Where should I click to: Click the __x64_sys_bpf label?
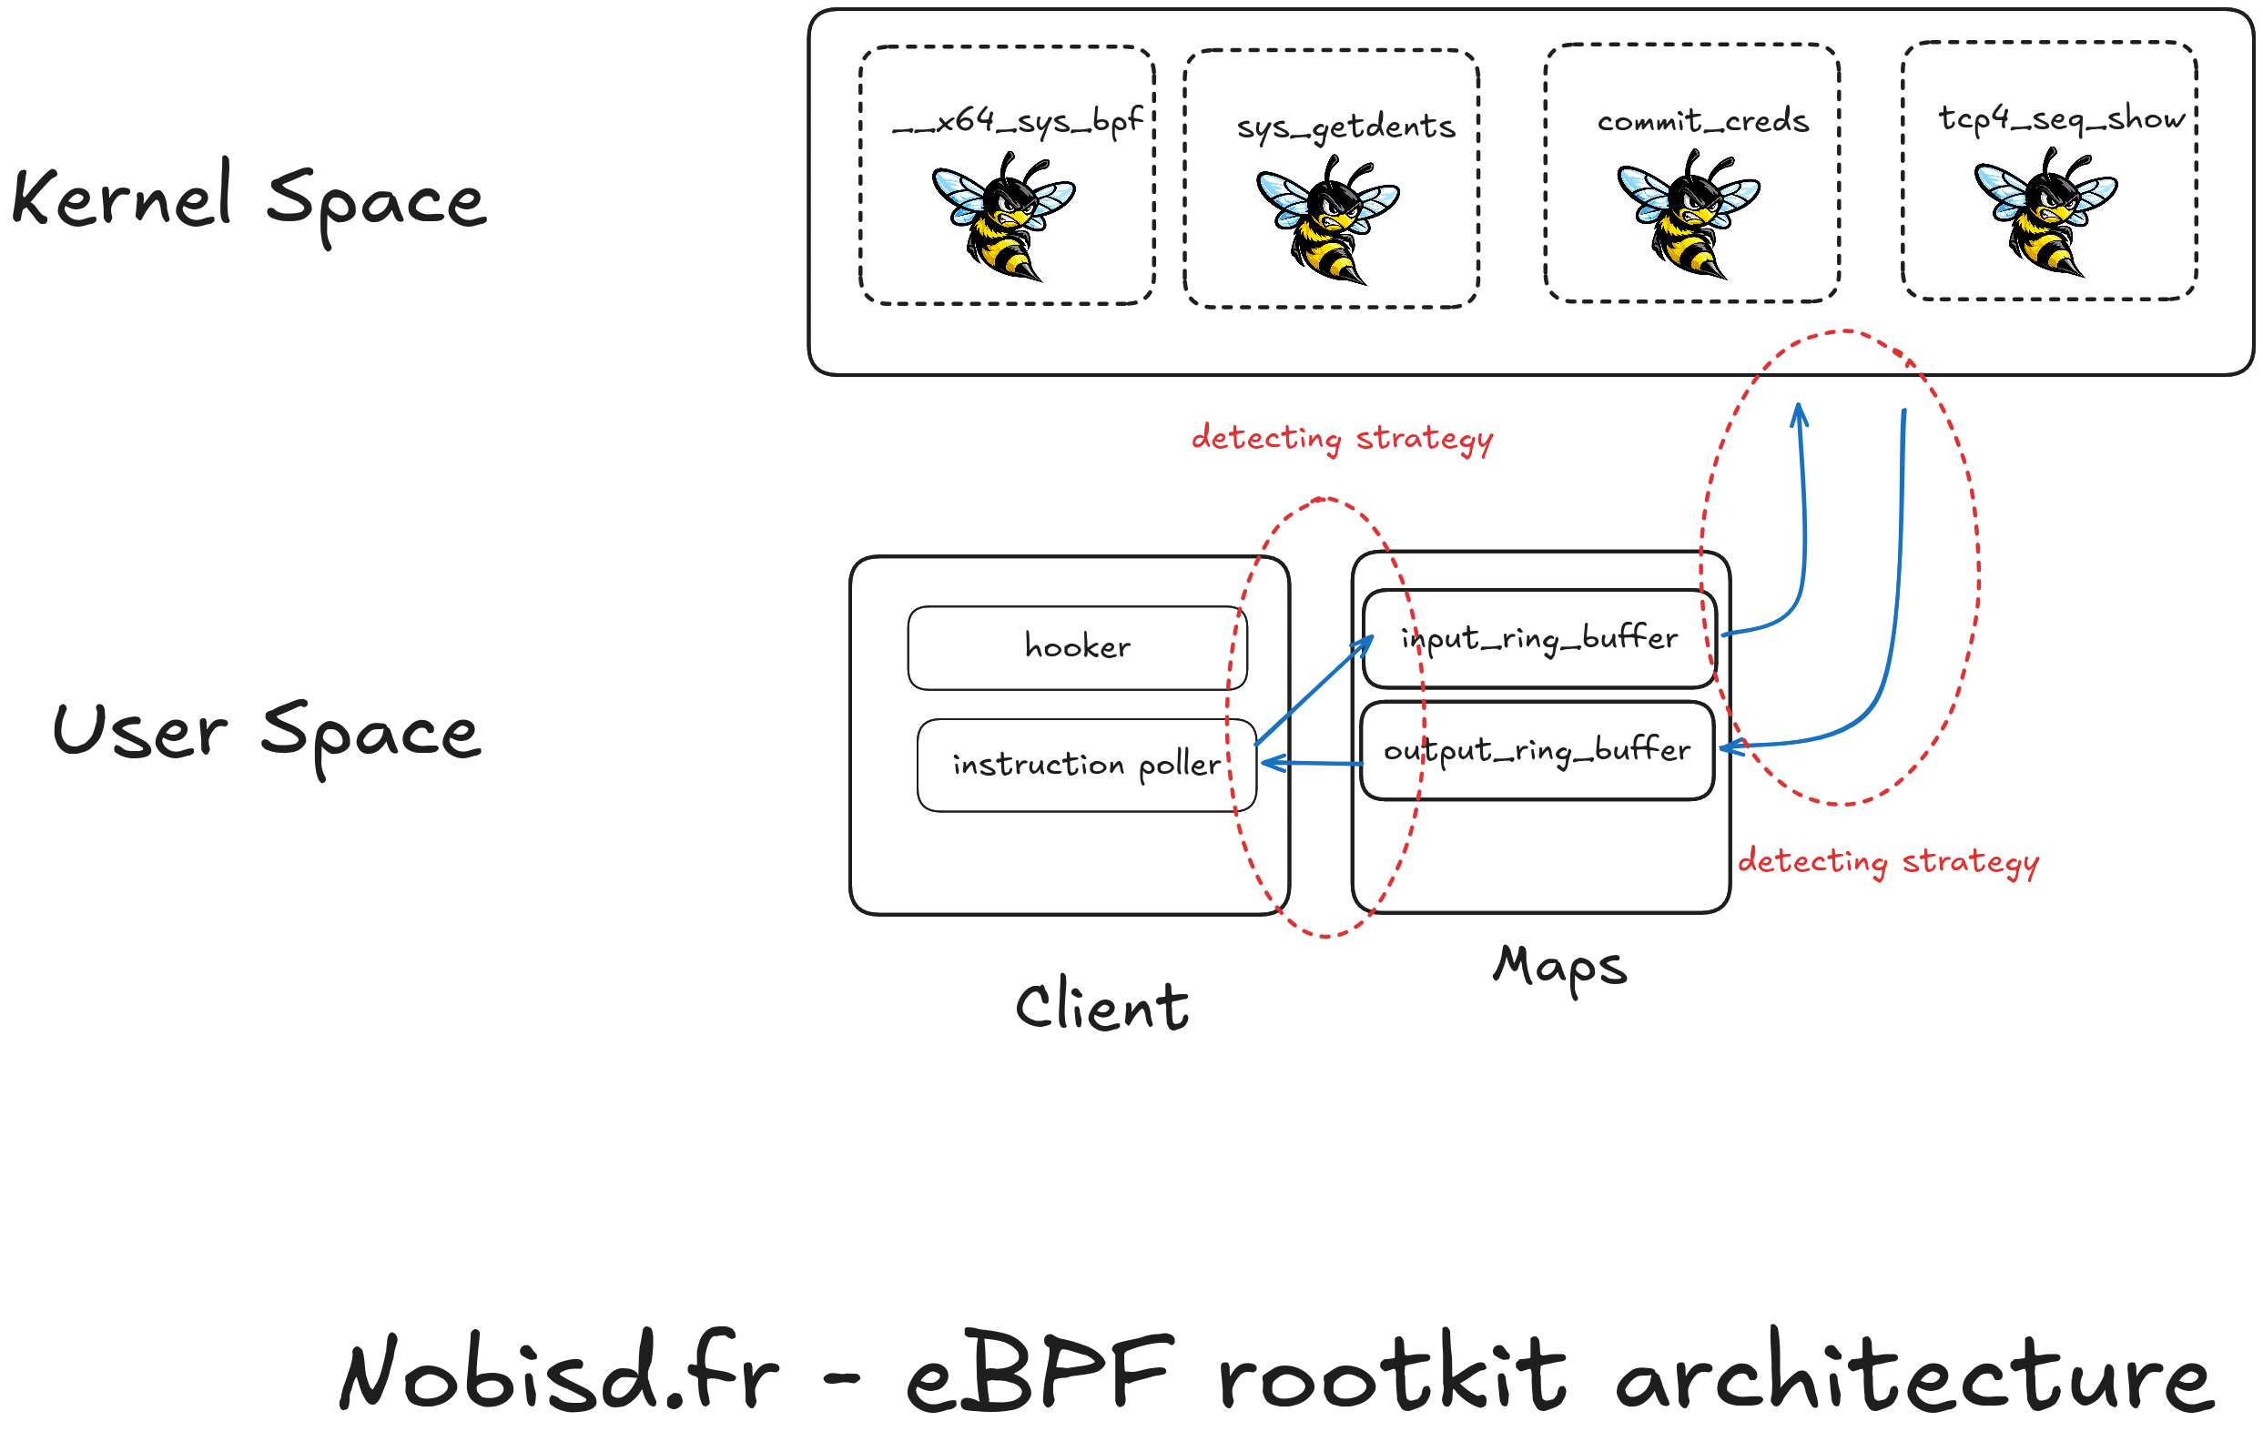click(x=1017, y=121)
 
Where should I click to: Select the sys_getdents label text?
click(x=1345, y=127)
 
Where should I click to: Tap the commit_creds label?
click(x=1702, y=121)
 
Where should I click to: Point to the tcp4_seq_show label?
click(x=2060, y=118)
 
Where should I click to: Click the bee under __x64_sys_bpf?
click(x=1003, y=217)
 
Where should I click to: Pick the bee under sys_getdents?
click(x=1327, y=220)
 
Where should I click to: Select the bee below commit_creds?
click(x=1687, y=215)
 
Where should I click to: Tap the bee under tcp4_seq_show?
click(x=2045, y=212)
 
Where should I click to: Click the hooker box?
click(x=1076, y=648)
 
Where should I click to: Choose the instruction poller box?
click(x=1086, y=765)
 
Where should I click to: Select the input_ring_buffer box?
click(x=1538, y=638)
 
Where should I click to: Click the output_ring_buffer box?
click(x=1537, y=750)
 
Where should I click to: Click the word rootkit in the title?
click(x=1392, y=1373)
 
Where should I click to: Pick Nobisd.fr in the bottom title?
click(x=559, y=1373)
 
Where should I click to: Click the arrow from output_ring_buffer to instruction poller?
click(x=1311, y=763)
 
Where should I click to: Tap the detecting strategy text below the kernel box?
click(x=1341, y=439)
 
